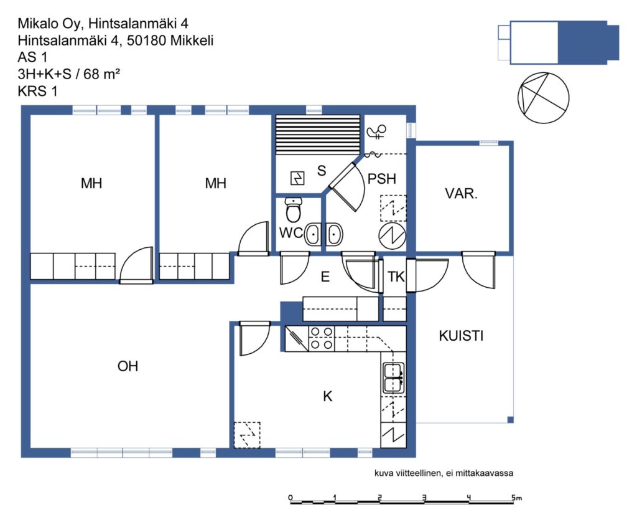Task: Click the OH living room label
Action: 128,366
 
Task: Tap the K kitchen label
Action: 327,396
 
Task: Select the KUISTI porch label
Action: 461,336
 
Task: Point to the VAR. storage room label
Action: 461,193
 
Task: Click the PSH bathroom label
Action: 381,179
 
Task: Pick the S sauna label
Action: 322,171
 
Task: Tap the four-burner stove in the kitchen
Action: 322,339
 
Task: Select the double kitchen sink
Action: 393,378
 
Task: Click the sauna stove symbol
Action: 297,178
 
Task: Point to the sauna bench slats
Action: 318,135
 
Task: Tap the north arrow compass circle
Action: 543,98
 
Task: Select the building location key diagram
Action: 559,42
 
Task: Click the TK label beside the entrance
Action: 396,277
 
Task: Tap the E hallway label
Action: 325,277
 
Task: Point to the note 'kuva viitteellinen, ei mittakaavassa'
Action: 444,473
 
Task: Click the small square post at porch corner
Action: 510,420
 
